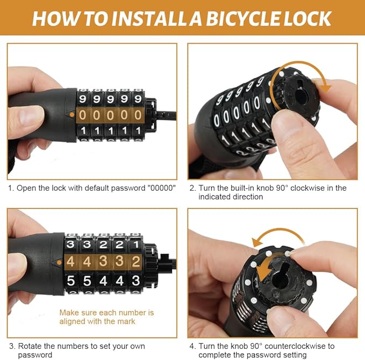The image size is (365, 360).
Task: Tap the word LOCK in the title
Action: [307, 18]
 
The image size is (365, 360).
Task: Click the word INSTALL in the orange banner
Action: [149, 18]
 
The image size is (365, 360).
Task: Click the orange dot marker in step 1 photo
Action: [72, 114]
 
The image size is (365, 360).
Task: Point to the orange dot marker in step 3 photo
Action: [59, 263]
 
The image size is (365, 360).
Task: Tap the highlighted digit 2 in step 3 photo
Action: [136, 262]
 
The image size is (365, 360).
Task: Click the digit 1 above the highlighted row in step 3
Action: [136, 244]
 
